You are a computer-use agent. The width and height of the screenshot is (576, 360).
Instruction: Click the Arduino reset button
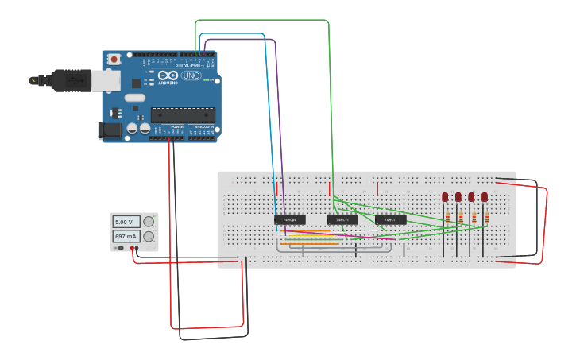(114, 60)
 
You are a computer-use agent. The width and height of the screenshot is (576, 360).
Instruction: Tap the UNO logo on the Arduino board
(191, 75)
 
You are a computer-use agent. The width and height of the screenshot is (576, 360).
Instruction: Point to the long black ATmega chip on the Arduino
(182, 114)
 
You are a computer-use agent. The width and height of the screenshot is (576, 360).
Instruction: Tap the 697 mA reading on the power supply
(126, 236)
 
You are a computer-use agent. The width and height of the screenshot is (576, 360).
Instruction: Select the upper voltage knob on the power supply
(148, 222)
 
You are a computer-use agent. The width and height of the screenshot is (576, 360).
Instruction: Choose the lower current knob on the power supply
(148, 236)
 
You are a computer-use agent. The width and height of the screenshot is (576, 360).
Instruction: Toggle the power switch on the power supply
(119, 248)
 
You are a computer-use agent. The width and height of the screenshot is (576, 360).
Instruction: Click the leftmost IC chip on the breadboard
(290, 219)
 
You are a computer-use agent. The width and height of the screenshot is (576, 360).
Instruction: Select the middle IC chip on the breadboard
(342, 219)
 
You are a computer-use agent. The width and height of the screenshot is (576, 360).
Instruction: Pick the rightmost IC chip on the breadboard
(390, 219)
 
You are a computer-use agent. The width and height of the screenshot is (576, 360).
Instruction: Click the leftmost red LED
(445, 196)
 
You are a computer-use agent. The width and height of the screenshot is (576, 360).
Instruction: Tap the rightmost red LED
(485, 196)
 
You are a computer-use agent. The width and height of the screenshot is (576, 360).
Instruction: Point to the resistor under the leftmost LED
(447, 217)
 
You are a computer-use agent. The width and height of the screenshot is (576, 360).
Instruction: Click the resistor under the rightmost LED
(487, 217)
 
